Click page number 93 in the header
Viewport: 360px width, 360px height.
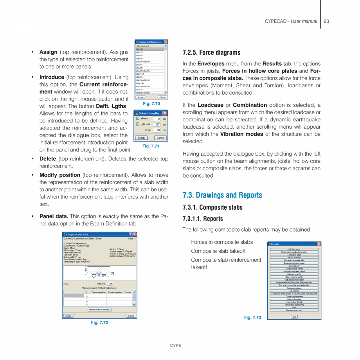(x=326, y=21)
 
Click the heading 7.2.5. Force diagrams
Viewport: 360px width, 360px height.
(x=211, y=52)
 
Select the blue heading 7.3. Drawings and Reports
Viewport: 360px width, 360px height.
(x=222, y=195)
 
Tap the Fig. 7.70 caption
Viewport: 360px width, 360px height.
(x=151, y=104)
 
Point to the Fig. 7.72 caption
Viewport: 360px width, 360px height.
(x=99, y=322)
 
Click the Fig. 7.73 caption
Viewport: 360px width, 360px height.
(x=252, y=317)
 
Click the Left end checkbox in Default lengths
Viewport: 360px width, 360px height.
(x=137, y=119)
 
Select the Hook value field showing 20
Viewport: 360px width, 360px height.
(x=157, y=130)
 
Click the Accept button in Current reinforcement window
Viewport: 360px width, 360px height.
(x=140, y=97)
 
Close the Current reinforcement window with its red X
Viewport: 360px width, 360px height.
(x=166, y=42)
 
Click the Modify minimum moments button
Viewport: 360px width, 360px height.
(x=100, y=310)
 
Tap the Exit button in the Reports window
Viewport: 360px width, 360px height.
(x=294, y=317)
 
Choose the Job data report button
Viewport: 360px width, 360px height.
(x=294, y=249)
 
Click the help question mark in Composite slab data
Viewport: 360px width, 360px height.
(x=130, y=234)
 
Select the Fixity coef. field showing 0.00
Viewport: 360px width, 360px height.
(x=110, y=284)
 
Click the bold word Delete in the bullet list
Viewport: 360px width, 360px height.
(x=48, y=159)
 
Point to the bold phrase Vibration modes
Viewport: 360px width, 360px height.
(x=242, y=134)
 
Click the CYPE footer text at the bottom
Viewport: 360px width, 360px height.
(x=176, y=346)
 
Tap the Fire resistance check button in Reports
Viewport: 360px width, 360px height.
(x=294, y=310)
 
